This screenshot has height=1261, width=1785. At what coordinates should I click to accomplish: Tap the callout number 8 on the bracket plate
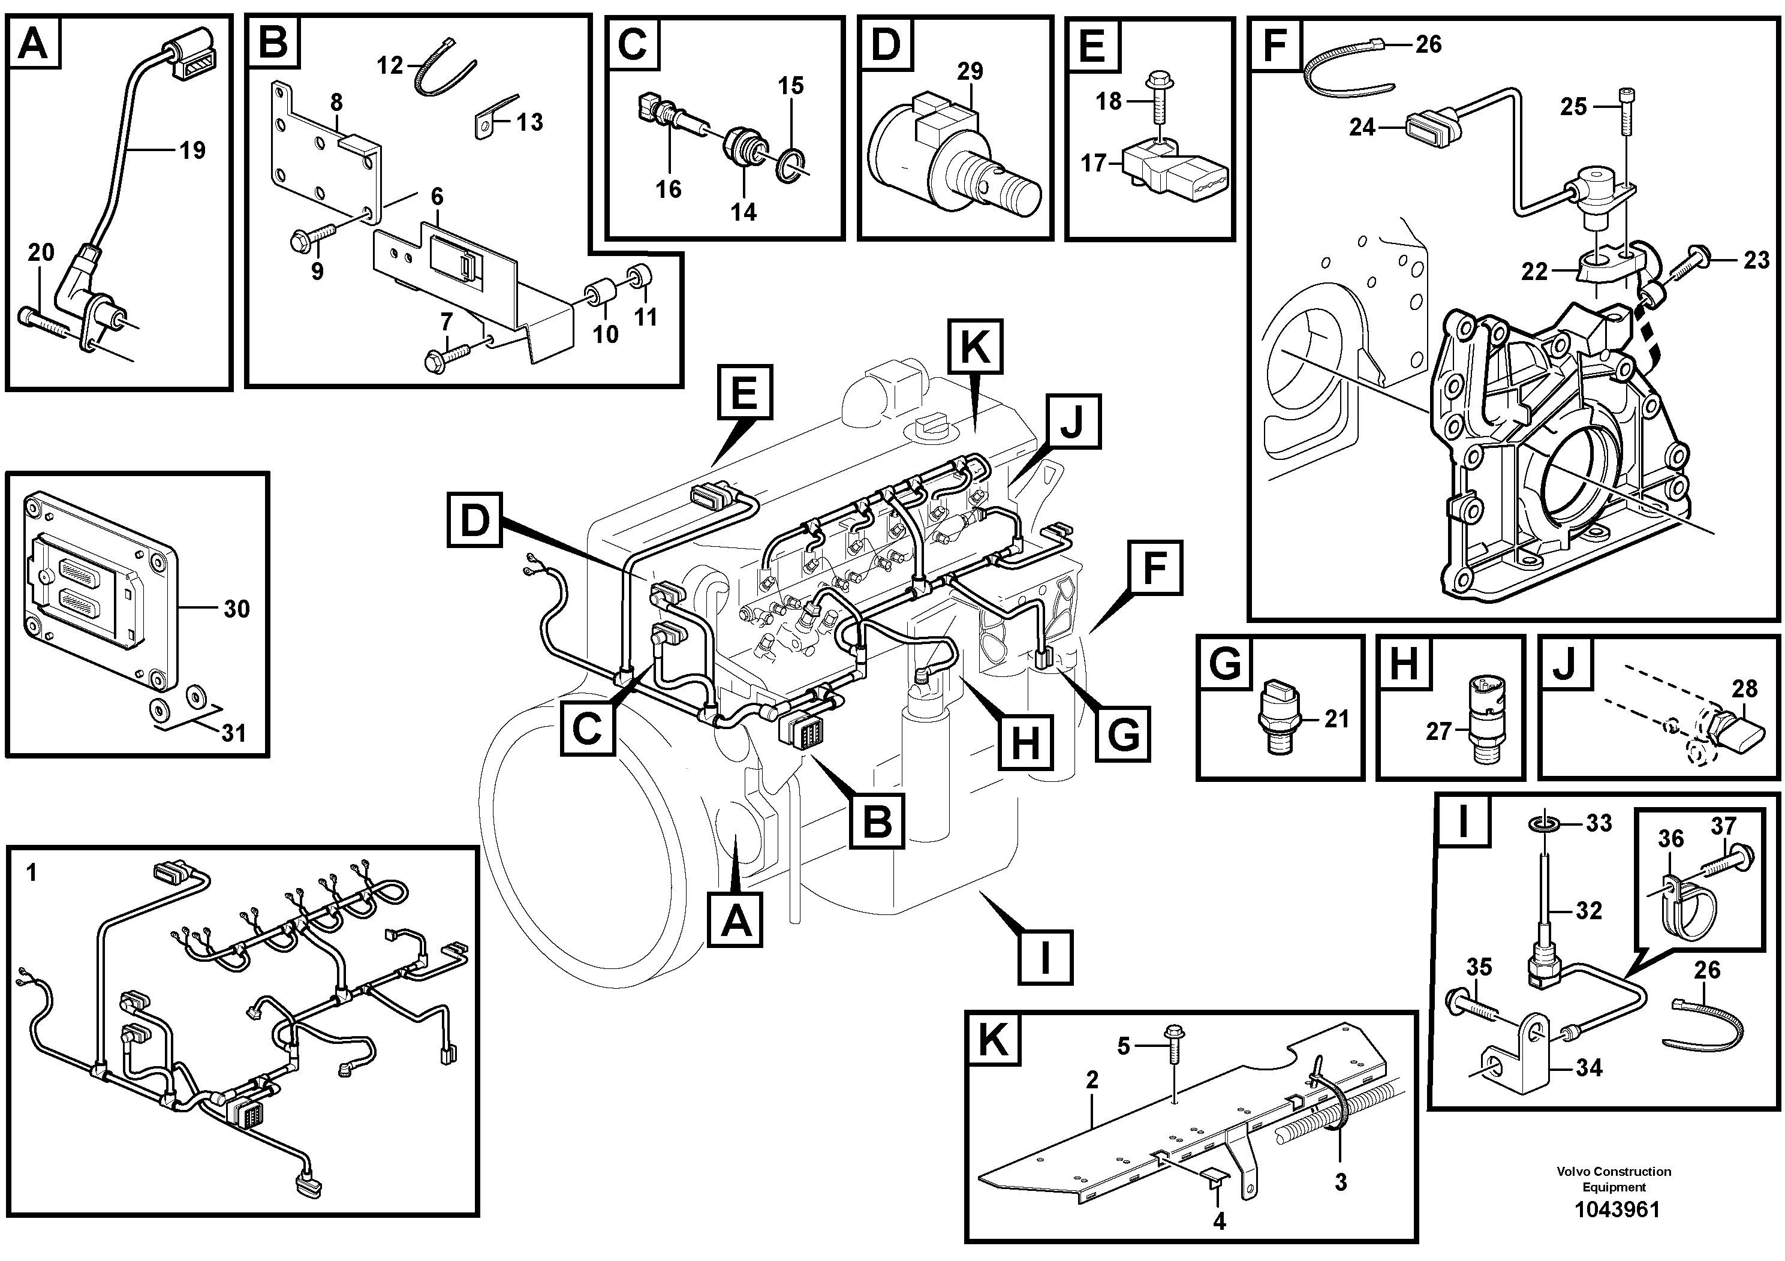[336, 102]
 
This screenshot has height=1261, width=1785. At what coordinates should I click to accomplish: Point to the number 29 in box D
[970, 71]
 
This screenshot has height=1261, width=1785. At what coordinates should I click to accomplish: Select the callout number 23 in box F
[1756, 260]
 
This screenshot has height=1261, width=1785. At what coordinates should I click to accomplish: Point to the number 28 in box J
[1745, 689]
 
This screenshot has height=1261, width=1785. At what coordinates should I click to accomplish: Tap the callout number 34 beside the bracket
[1589, 1067]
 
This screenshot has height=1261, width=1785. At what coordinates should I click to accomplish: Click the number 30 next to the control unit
[236, 608]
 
